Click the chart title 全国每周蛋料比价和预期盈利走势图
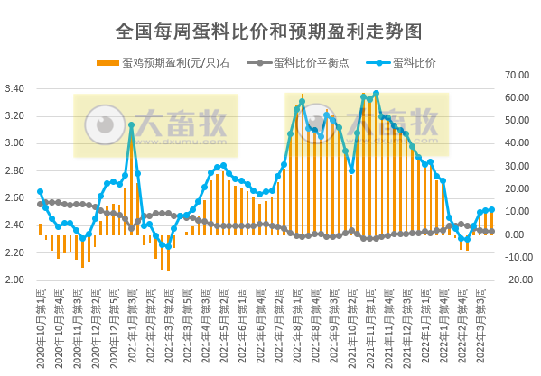click(x=269, y=32)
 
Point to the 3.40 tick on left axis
click(x=15, y=88)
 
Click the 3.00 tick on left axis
click(x=15, y=143)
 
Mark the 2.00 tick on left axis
click(x=15, y=280)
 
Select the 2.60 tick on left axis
click(x=15, y=197)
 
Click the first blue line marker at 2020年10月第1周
click(x=40, y=191)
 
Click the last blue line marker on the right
click(x=491, y=210)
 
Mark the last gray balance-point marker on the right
click(x=491, y=232)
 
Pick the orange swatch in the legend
click(x=106, y=62)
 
